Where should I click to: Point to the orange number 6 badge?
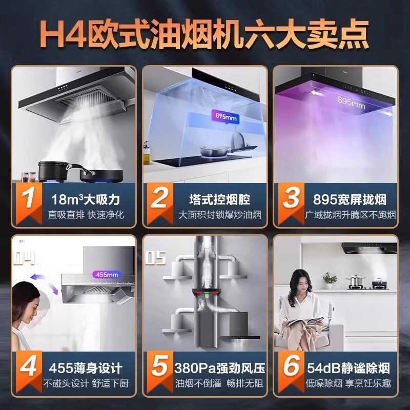pyautogui.click(x=290, y=368)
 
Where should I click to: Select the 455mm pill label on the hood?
pyautogui.click(x=106, y=275)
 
